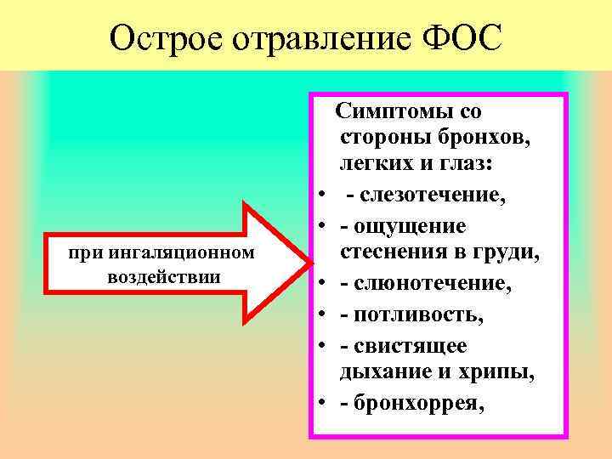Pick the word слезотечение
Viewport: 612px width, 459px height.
433,196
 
